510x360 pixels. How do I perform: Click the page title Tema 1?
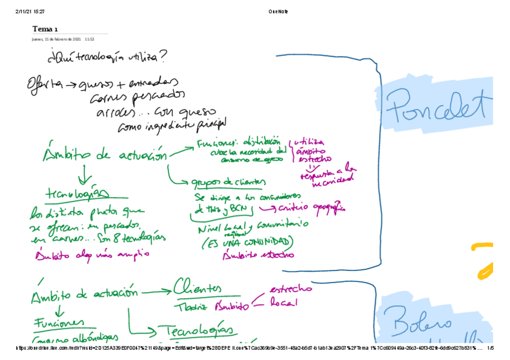click(x=45, y=29)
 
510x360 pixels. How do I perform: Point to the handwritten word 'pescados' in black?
click(x=160, y=96)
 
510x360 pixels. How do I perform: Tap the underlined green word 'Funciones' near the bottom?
click(x=58, y=324)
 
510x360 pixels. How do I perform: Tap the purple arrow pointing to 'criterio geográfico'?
click(x=268, y=208)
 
